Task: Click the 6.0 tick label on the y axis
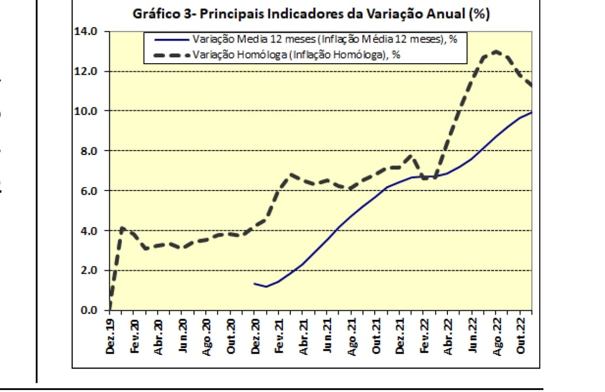pos(89,190)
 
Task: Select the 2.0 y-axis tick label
pos(89,271)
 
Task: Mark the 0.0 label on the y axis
pos(89,310)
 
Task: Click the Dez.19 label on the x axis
pos(110,336)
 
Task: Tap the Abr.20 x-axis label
pos(159,336)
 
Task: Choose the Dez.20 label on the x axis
pos(256,336)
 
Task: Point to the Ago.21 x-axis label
pos(352,336)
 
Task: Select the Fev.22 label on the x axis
pos(425,336)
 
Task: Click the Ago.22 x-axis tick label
pos(497,336)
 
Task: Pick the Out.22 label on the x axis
pos(521,336)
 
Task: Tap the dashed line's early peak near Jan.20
pos(123,228)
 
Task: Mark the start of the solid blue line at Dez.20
pos(255,284)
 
